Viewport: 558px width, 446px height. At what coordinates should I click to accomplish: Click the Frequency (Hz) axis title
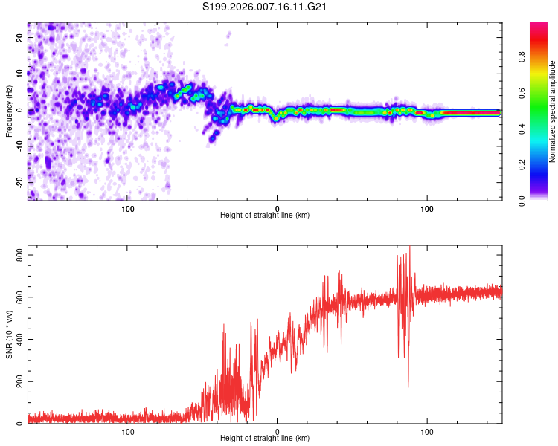[x=9, y=111]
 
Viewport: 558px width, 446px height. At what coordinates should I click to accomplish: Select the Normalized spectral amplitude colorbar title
[x=552, y=111]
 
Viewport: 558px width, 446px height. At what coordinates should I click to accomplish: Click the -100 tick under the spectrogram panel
[x=126, y=208]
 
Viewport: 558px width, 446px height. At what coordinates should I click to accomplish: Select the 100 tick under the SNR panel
[x=428, y=432]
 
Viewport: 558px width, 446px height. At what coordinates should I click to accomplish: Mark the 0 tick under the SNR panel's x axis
[x=278, y=432]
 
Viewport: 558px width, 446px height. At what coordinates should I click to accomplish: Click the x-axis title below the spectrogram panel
[x=265, y=216]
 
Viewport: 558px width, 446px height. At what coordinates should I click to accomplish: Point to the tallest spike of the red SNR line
[x=409, y=248]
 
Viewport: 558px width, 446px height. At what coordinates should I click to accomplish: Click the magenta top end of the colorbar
[x=539, y=25]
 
